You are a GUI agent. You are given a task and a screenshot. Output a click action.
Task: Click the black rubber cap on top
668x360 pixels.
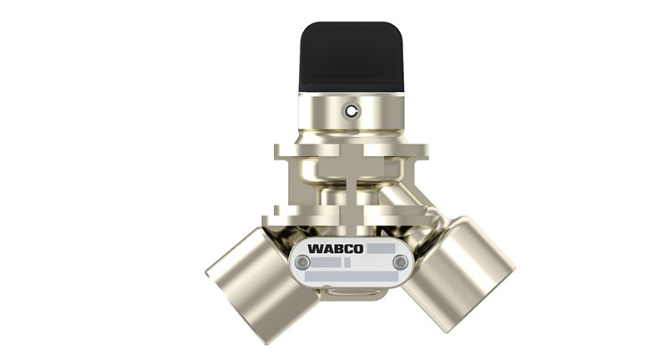tap(352, 56)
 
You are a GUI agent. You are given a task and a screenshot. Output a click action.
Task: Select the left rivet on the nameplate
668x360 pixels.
tap(302, 262)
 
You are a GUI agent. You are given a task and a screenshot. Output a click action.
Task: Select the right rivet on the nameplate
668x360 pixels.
tap(400, 262)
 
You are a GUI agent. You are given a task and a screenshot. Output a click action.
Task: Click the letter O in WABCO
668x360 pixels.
tap(358, 249)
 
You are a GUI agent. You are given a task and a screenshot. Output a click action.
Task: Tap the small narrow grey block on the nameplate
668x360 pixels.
tap(346, 262)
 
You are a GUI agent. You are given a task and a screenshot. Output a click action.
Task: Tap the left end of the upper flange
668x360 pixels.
tap(282, 152)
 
